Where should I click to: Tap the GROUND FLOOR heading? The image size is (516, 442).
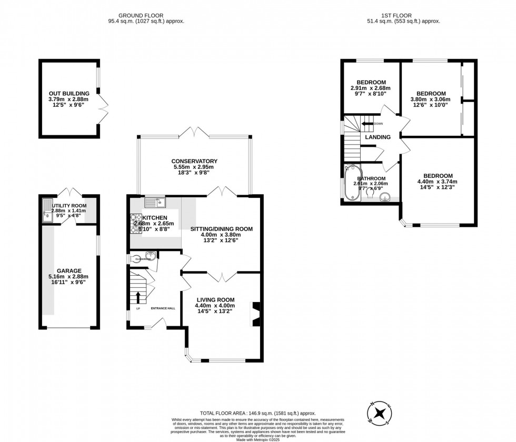[141, 16]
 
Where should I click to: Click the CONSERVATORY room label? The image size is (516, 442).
[194, 161]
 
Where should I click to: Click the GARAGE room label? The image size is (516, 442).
[69, 270]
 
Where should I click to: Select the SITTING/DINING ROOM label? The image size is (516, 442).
[219, 229]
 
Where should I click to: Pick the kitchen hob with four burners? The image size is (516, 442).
[135, 223]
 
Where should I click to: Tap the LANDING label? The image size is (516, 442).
[378, 137]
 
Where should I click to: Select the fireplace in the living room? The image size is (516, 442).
[255, 314]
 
